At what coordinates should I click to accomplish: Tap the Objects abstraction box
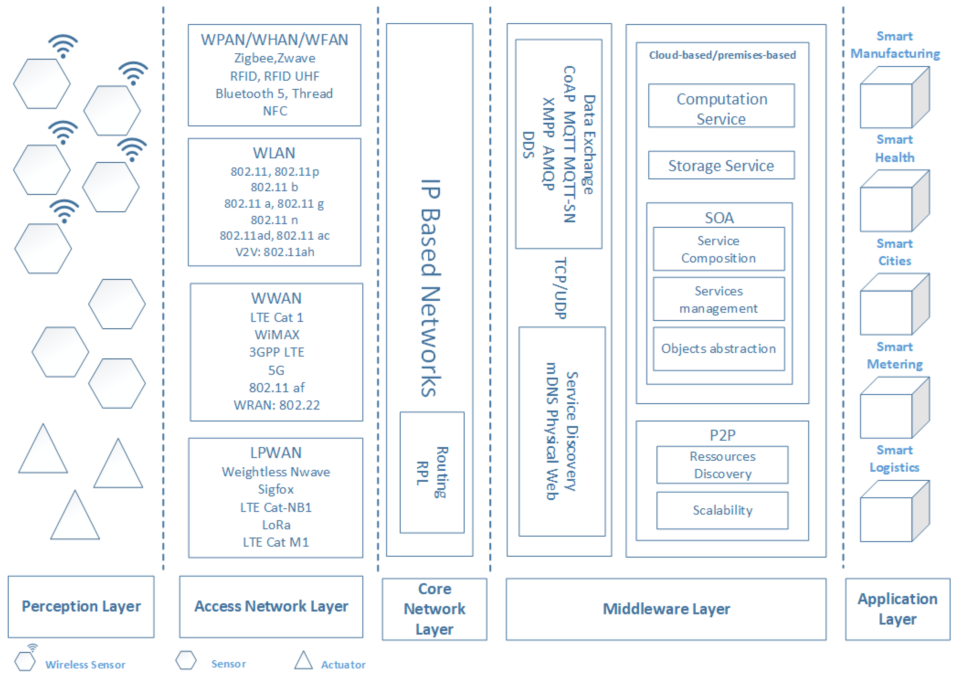718,349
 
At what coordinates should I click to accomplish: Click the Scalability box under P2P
722,510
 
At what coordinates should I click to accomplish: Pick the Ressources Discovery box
722,465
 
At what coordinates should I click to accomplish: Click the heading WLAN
274,153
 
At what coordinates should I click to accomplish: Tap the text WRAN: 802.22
277,405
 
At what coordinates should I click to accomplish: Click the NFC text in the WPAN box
275,111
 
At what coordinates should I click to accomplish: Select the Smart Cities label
895,252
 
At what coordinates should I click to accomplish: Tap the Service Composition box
718,249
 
